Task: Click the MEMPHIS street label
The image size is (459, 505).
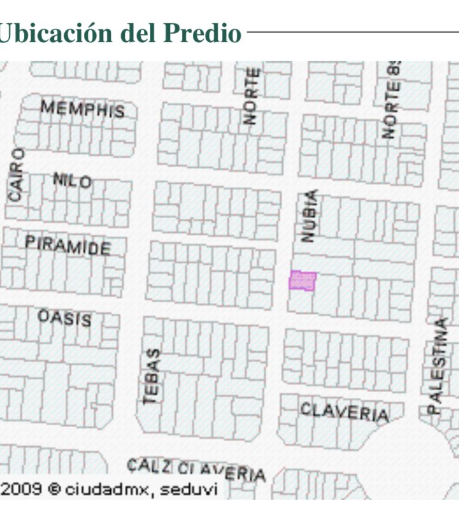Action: click(83, 109)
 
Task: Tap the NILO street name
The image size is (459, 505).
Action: click(72, 180)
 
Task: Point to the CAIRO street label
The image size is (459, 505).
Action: click(17, 174)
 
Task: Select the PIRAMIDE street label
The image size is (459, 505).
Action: click(68, 245)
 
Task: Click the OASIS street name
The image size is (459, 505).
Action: click(65, 317)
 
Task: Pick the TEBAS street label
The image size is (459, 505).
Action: click(152, 376)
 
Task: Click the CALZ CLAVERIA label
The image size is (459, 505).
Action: click(196, 470)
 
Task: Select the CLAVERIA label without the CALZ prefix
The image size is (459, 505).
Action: click(344, 411)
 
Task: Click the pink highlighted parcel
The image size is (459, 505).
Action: click(302, 281)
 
